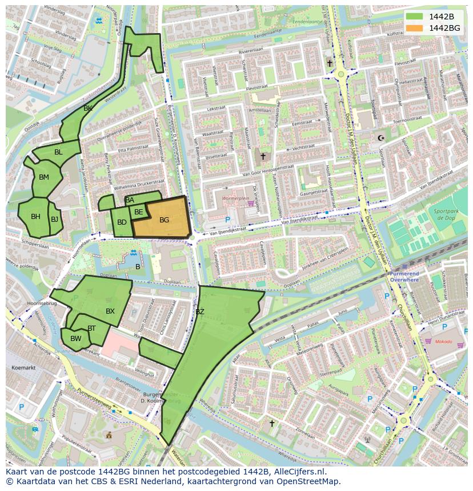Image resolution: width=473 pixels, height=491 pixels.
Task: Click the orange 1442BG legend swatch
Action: (x=415, y=28)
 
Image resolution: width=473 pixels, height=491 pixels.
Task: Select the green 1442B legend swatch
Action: (x=415, y=17)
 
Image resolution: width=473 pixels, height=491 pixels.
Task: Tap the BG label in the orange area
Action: (x=164, y=220)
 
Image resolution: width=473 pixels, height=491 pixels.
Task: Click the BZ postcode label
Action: (x=199, y=312)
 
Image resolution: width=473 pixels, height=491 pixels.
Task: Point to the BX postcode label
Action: (x=110, y=311)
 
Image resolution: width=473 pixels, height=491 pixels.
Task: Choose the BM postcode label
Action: (x=44, y=177)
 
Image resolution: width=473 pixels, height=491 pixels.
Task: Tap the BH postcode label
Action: (x=35, y=217)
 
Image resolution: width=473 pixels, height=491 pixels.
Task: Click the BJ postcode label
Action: (x=54, y=219)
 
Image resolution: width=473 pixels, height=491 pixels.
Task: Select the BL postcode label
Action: (x=58, y=152)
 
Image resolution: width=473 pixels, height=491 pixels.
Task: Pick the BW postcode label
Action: (x=75, y=339)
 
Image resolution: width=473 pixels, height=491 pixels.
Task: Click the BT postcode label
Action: (x=91, y=328)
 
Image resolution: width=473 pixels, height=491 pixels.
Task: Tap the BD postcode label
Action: (x=122, y=222)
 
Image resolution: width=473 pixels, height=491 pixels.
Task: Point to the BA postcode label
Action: (x=130, y=200)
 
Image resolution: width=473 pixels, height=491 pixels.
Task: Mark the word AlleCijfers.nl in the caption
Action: (x=296, y=472)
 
